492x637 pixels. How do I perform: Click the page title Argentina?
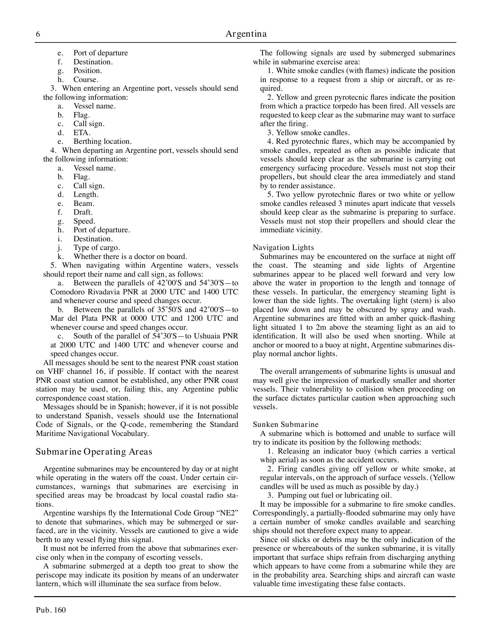coord(246,34)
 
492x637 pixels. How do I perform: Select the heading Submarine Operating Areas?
coord(94,452)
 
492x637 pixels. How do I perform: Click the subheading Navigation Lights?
coord(283,247)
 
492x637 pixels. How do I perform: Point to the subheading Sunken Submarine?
coord(286,424)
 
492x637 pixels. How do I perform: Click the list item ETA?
coord(82,133)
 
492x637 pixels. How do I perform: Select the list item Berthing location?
coord(102,141)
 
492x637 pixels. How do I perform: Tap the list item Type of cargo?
coord(96,247)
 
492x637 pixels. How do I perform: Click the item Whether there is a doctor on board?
coord(130,256)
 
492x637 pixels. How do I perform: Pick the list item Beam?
coord(84,203)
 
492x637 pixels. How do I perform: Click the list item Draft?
coord(83,212)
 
